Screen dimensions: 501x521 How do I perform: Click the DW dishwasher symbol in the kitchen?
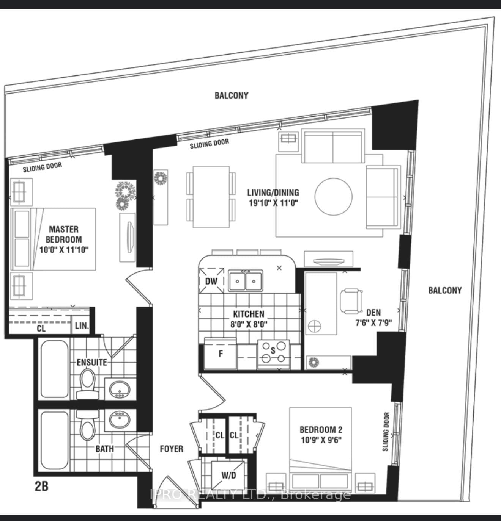coord(212,280)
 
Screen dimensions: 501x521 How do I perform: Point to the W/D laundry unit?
coord(228,476)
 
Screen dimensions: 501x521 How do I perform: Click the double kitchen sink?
coord(246,280)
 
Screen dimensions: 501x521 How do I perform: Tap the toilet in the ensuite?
coord(88,384)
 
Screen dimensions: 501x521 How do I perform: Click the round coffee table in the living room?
coord(333,197)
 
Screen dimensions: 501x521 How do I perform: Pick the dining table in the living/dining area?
coord(211,197)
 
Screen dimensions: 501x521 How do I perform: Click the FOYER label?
coord(172,449)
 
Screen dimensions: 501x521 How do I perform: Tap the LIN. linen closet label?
coord(82,326)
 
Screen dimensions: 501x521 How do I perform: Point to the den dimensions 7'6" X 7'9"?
coord(373,323)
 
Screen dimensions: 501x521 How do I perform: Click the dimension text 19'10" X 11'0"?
coord(274,203)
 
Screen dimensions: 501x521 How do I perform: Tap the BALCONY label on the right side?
coord(445,290)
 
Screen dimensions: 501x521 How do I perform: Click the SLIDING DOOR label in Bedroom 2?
coord(386,432)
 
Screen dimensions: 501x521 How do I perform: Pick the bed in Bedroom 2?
coord(320,450)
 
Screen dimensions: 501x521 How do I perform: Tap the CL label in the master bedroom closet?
coord(41,328)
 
